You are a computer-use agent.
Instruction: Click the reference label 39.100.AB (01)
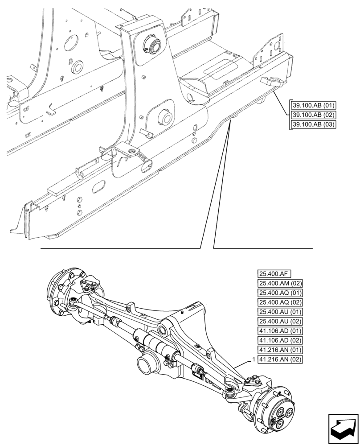pyautogui.click(x=313, y=105)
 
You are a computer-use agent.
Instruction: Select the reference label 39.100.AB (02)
pyautogui.click(x=313, y=115)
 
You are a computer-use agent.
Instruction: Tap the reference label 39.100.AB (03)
pyautogui.click(x=313, y=124)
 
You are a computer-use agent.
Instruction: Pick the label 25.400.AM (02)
pyautogui.click(x=280, y=283)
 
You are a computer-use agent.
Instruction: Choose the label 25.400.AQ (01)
pyautogui.click(x=280, y=293)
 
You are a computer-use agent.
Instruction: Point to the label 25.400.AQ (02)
pyautogui.click(x=280, y=302)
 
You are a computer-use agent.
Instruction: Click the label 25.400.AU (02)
pyautogui.click(x=280, y=322)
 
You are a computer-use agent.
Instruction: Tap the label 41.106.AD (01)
pyautogui.click(x=280, y=331)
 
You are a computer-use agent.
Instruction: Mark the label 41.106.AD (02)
pyautogui.click(x=280, y=341)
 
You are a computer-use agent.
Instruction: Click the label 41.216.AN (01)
pyautogui.click(x=280, y=350)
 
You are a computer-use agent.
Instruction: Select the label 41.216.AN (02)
pyautogui.click(x=280, y=360)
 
